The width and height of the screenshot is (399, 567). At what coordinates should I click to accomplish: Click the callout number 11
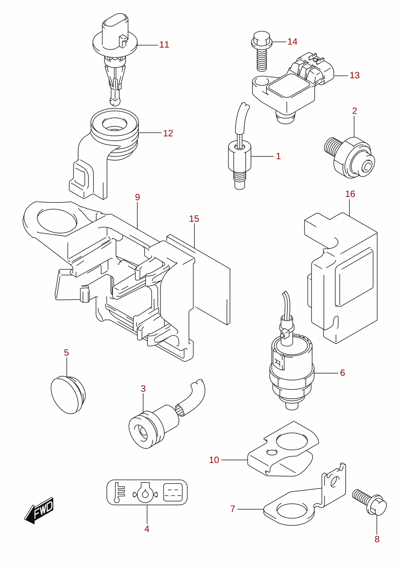[x=164, y=45]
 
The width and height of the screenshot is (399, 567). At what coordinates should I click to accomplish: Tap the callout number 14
[x=292, y=42]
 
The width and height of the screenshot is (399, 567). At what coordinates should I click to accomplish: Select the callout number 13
[x=355, y=75]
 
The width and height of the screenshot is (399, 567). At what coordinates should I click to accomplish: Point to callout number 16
[x=350, y=194]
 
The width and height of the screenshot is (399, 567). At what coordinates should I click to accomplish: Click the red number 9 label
[x=138, y=197]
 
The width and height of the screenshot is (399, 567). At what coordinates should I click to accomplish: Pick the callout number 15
[x=194, y=219]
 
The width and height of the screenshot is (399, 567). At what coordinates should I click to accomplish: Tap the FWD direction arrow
[x=39, y=510]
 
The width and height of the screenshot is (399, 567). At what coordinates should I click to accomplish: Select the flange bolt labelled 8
[x=369, y=502]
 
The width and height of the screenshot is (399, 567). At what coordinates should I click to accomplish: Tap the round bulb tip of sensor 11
[x=115, y=101]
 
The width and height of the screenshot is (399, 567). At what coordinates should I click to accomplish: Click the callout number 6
[x=342, y=373]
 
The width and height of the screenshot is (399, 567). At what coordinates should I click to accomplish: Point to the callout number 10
[x=214, y=460]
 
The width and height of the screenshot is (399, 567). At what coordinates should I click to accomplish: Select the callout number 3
[x=143, y=389]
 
